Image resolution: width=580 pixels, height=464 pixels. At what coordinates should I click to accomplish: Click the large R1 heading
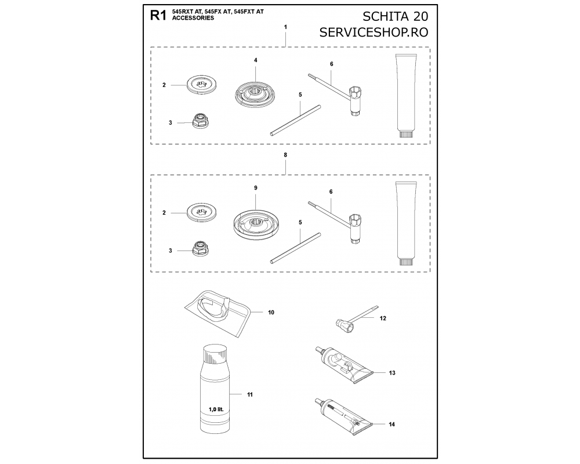tap(158, 16)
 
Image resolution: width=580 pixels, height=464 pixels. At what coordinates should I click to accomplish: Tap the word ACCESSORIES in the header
tap(193, 18)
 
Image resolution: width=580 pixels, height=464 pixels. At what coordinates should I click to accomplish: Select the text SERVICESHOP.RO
tap(374, 32)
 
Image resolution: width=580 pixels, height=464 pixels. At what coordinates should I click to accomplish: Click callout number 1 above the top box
tap(285, 27)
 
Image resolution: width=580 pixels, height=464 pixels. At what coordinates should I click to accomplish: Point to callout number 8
tap(285, 155)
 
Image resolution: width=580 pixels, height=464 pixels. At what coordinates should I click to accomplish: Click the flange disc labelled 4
tap(255, 93)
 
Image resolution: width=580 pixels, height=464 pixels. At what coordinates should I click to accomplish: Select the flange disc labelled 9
tap(256, 223)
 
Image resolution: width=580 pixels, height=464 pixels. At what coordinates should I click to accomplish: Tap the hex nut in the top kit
tap(200, 120)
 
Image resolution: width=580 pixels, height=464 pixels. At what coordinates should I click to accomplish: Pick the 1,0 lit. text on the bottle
tap(216, 409)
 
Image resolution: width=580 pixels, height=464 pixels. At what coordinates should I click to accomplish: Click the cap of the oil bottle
tap(215, 353)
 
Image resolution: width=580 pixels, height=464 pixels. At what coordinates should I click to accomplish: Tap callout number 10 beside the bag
tap(271, 313)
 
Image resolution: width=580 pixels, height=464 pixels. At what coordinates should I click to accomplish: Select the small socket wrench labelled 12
tap(357, 319)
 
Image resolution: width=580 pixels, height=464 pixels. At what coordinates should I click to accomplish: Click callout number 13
tap(392, 373)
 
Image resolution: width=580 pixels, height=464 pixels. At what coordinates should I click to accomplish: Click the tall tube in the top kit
tap(406, 96)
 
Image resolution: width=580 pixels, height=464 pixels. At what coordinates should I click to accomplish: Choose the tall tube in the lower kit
tap(406, 223)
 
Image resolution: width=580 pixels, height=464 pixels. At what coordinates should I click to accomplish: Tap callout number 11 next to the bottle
tap(250, 395)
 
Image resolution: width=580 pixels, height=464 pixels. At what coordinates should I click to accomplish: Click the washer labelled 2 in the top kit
tap(202, 85)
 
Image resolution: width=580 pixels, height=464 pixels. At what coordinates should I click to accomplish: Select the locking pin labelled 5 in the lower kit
tap(296, 248)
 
